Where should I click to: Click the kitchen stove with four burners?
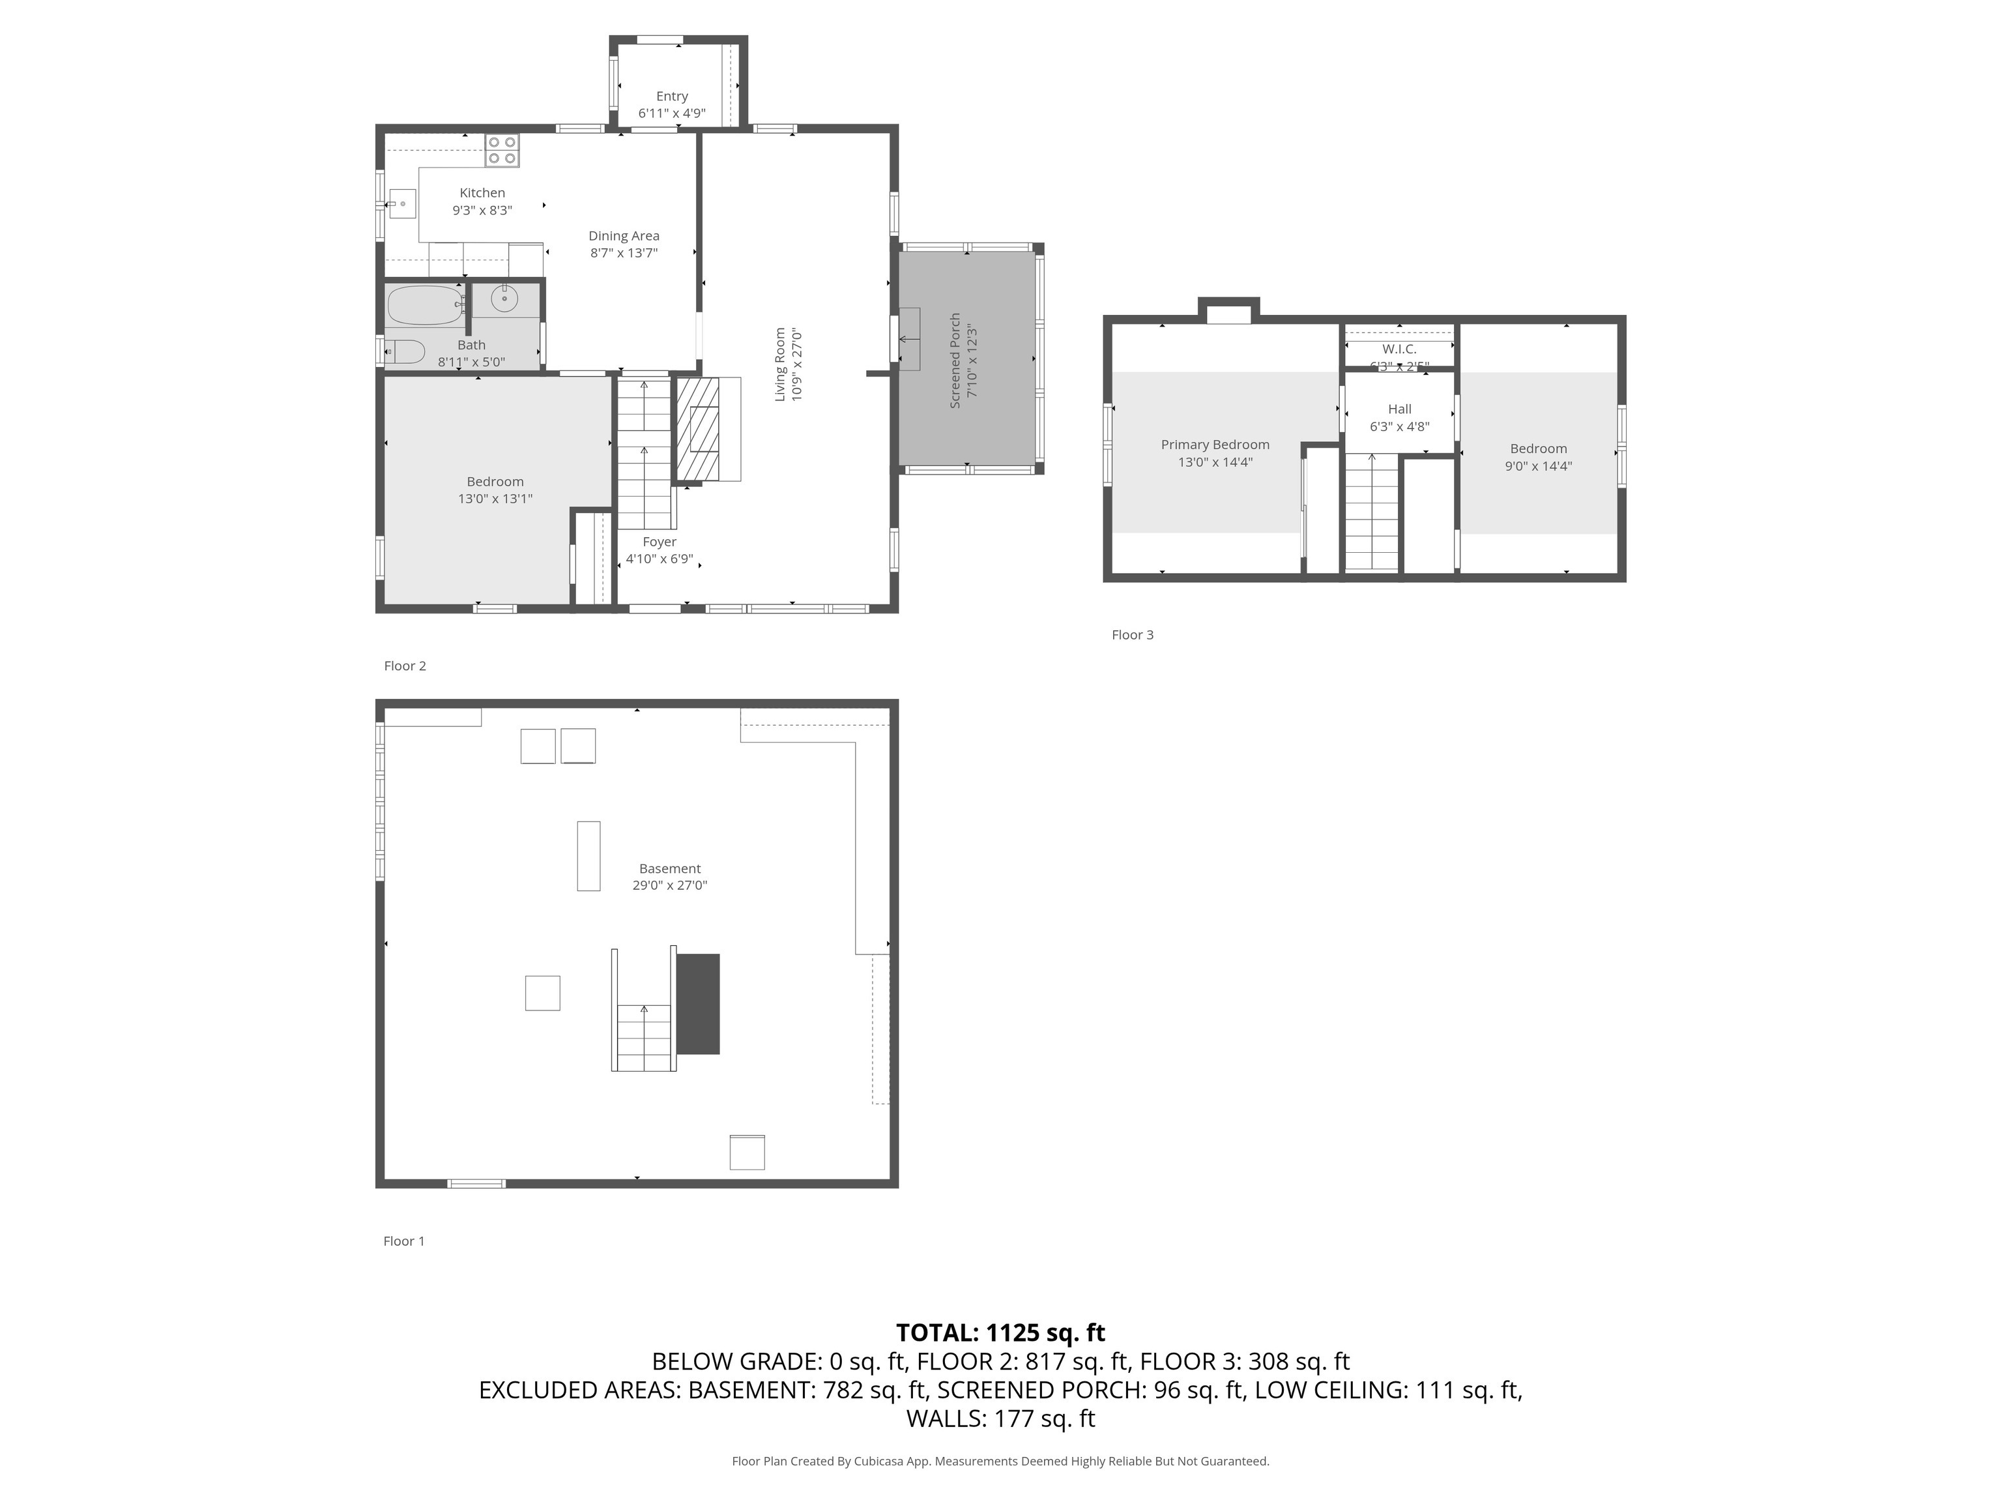(501, 151)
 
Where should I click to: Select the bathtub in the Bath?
(426, 305)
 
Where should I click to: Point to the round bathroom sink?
(504, 297)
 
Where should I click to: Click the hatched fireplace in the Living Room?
(699, 428)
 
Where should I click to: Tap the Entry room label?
(671, 96)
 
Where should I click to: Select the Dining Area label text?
(624, 235)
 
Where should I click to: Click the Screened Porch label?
(955, 361)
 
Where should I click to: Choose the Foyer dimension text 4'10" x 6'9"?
(660, 559)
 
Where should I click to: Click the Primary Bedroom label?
(1215, 445)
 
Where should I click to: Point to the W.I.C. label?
(1399, 349)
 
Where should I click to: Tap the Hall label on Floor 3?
(1399, 409)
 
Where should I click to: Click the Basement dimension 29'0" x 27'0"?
(670, 885)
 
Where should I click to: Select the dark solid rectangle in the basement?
(698, 1004)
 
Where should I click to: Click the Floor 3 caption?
(1132, 635)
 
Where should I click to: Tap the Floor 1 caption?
(403, 1241)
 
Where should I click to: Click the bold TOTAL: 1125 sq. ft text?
(1000, 1332)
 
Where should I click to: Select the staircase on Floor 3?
(1372, 512)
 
